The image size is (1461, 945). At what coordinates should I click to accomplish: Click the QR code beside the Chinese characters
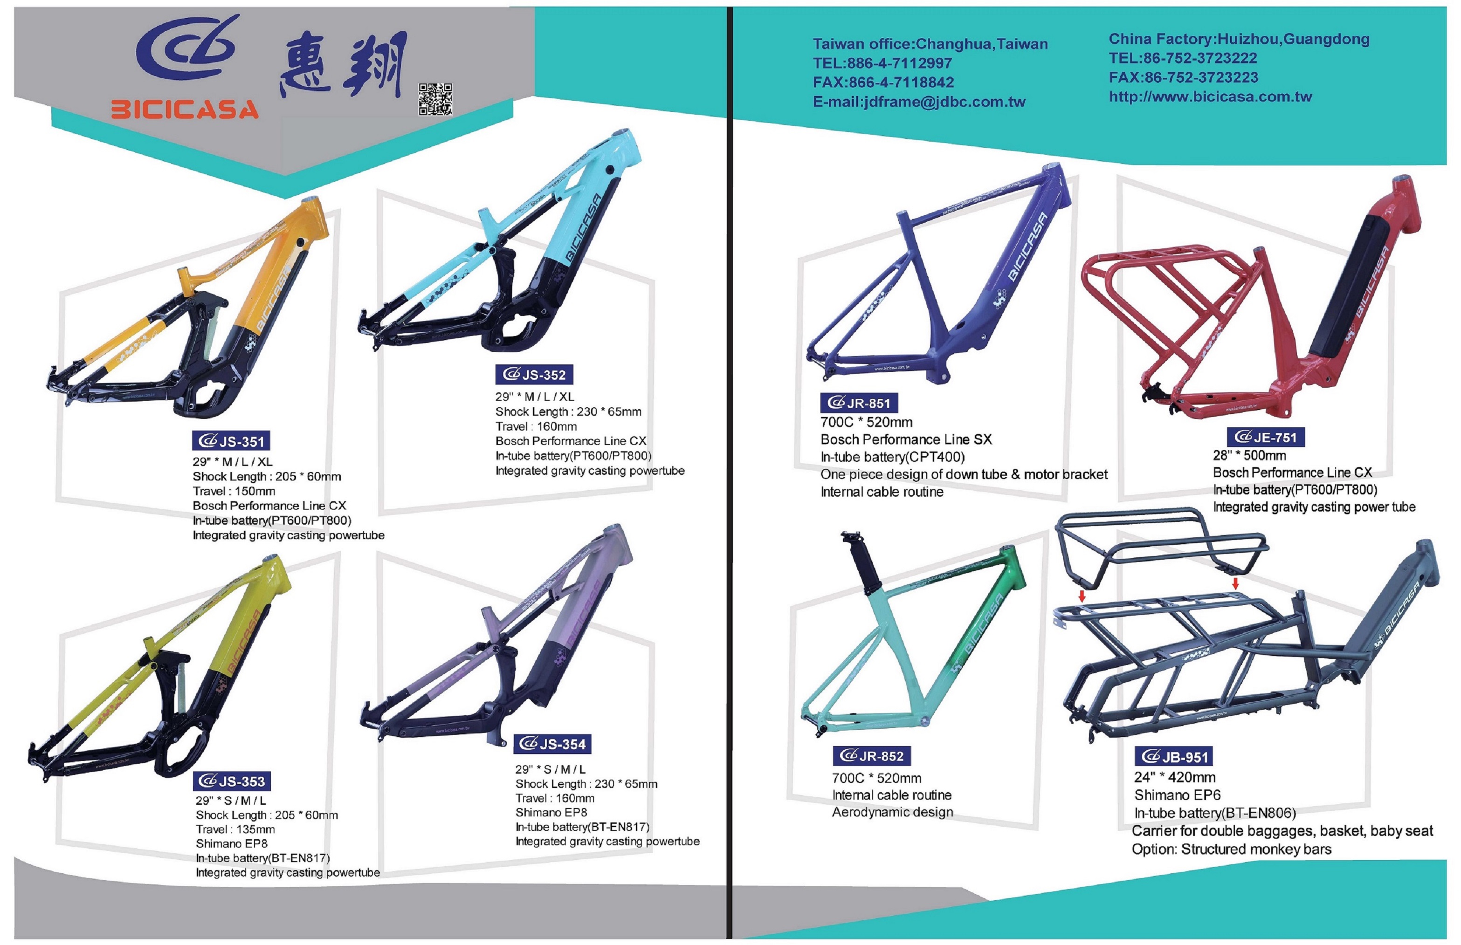pyautogui.click(x=436, y=99)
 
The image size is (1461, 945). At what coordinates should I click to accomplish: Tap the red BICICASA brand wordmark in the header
pyautogui.click(x=185, y=110)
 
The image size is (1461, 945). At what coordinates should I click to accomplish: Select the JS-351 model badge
pyautogui.click(x=231, y=441)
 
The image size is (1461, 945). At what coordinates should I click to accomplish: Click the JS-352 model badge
pyautogui.click(x=535, y=374)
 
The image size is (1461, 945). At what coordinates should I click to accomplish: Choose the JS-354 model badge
pyautogui.click(x=552, y=744)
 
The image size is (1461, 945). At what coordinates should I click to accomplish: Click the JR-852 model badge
pyautogui.click(x=872, y=755)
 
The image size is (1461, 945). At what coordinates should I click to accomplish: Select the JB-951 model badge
pyautogui.click(x=1174, y=757)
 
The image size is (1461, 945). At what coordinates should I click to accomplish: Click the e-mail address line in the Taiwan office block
pyautogui.click(x=919, y=102)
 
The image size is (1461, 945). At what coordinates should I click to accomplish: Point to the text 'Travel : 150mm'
pyautogui.click(x=234, y=491)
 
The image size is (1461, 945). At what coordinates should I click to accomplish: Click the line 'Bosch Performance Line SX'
pyautogui.click(x=906, y=439)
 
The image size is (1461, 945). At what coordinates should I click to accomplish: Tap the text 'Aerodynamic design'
pyautogui.click(x=893, y=813)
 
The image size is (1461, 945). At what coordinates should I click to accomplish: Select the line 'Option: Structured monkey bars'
pyautogui.click(x=1232, y=849)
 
